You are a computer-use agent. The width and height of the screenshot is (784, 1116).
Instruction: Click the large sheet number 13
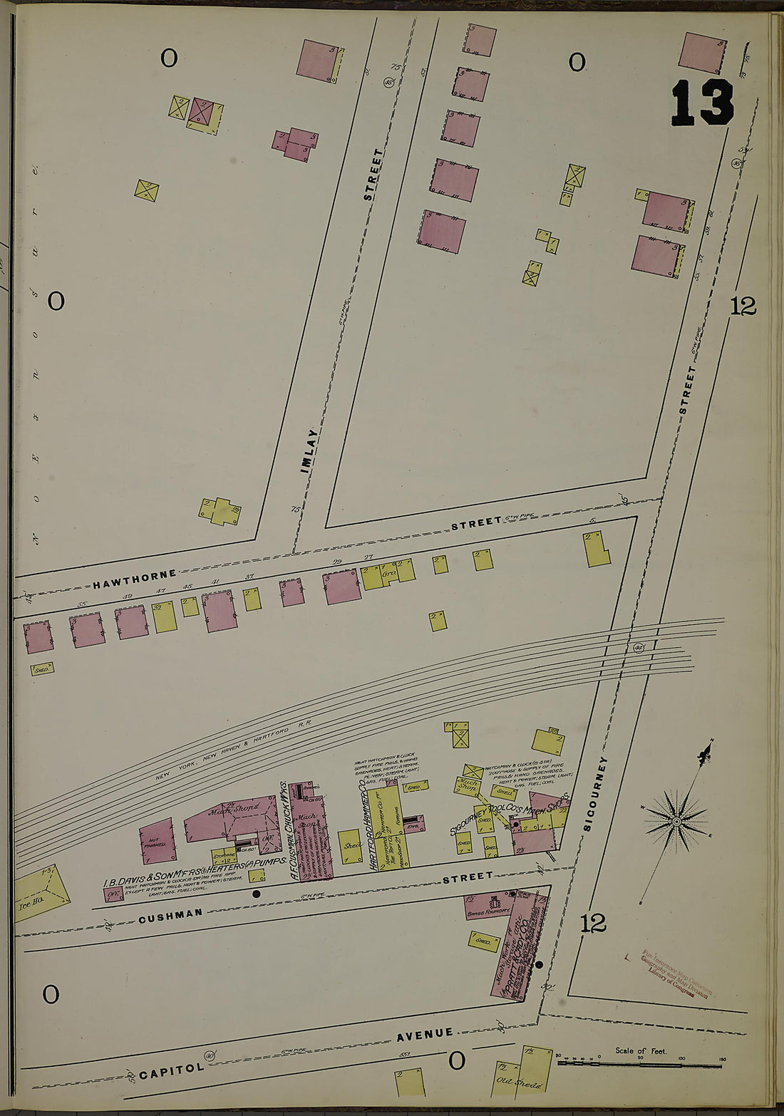(x=702, y=103)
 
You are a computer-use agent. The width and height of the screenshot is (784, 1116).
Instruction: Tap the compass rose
(x=676, y=822)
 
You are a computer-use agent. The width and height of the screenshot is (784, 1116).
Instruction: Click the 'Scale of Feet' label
(x=641, y=1050)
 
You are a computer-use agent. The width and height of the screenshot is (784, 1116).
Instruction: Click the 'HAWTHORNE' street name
(x=134, y=577)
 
